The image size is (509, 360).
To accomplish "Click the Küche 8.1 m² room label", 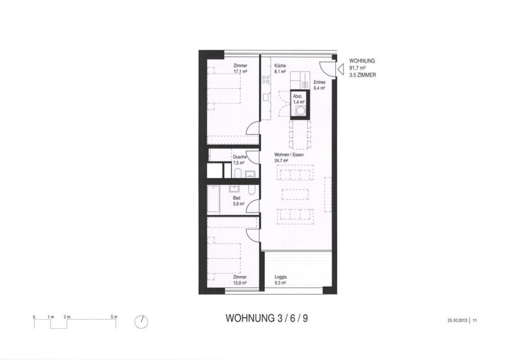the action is (x=280, y=68).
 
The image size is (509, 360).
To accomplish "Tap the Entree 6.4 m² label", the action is (x=319, y=85).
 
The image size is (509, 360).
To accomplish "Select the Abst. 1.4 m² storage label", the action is (x=299, y=99).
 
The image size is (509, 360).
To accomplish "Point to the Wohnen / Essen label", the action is (x=289, y=155).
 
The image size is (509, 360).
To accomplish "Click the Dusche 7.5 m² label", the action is (x=240, y=160).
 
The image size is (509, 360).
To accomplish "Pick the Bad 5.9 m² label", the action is (x=238, y=201).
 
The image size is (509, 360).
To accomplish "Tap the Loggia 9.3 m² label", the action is (x=281, y=280).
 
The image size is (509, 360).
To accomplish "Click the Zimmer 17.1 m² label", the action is (x=241, y=68).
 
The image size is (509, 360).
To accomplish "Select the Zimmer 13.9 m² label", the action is (x=240, y=280).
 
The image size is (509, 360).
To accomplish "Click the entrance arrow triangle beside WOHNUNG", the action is (x=340, y=69).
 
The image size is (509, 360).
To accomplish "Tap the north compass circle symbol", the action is (x=141, y=322).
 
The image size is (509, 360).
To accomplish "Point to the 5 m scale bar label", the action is (x=114, y=317).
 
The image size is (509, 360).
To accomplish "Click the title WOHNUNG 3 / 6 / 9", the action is (x=267, y=318).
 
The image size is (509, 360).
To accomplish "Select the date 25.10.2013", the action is (x=457, y=320).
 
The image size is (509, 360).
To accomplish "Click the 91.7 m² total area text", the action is (x=357, y=68).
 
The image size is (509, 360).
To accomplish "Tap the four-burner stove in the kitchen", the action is (x=266, y=80).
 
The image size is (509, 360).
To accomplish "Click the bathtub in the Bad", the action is (x=214, y=199).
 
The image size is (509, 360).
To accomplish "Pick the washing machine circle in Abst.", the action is (x=300, y=112).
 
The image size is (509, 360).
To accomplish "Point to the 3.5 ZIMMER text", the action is (x=362, y=75).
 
